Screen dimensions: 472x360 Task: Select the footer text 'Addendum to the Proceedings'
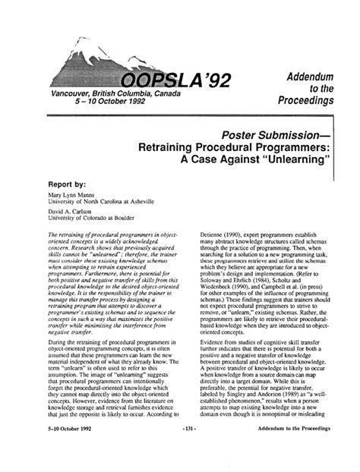point(289,450)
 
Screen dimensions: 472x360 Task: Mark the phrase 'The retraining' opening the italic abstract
point(67,236)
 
